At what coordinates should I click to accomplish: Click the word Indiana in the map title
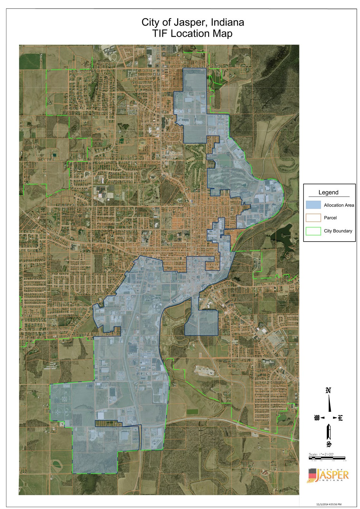pyautogui.click(x=228, y=23)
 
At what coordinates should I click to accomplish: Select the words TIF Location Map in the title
pyautogui.click(x=193, y=34)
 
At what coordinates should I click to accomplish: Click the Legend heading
pyautogui.click(x=328, y=192)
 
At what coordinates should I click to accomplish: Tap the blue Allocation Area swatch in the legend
pyautogui.click(x=313, y=205)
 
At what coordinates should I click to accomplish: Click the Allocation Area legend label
pyautogui.click(x=339, y=205)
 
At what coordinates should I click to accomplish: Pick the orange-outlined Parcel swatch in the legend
pyautogui.click(x=313, y=218)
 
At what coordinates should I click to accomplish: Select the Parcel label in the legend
pyautogui.click(x=330, y=218)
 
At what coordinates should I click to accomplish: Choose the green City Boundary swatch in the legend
pyautogui.click(x=313, y=231)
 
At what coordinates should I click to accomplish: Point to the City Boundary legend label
pyautogui.click(x=338, y=231)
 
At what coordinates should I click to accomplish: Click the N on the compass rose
pyautogui.click(x=328, y=391)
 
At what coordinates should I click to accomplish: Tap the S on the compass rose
pyautogui.click(x=328, y=444)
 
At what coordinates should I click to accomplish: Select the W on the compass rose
pyautogui.click(x=316, y=418)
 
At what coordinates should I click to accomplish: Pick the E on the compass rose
pyautogui.click(x=340, y=418)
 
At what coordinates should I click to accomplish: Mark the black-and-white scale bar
pyautogui.click(x=327, y=458)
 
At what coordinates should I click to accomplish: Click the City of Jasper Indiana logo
pyautogui.click(x=327, y=475)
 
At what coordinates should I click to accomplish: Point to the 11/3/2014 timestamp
pyautogui.click(x=329, y=504)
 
